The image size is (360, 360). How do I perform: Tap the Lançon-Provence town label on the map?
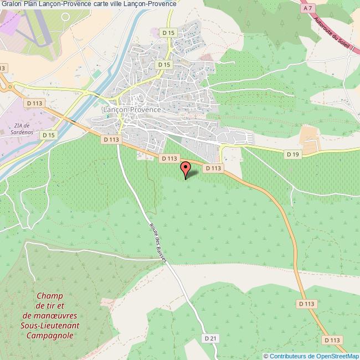(x=132, y=110)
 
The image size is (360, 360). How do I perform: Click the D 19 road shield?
(x=293, y=153)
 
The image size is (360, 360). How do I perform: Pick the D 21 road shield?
(x=209, y=338)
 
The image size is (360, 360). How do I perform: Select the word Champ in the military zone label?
(x=50, y=297)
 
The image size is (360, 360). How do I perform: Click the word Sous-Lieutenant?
(x=50, y=326)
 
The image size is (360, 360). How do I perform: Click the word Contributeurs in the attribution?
(x=287, y=356)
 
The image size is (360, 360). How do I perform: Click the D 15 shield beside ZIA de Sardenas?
(x=49, y=135)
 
